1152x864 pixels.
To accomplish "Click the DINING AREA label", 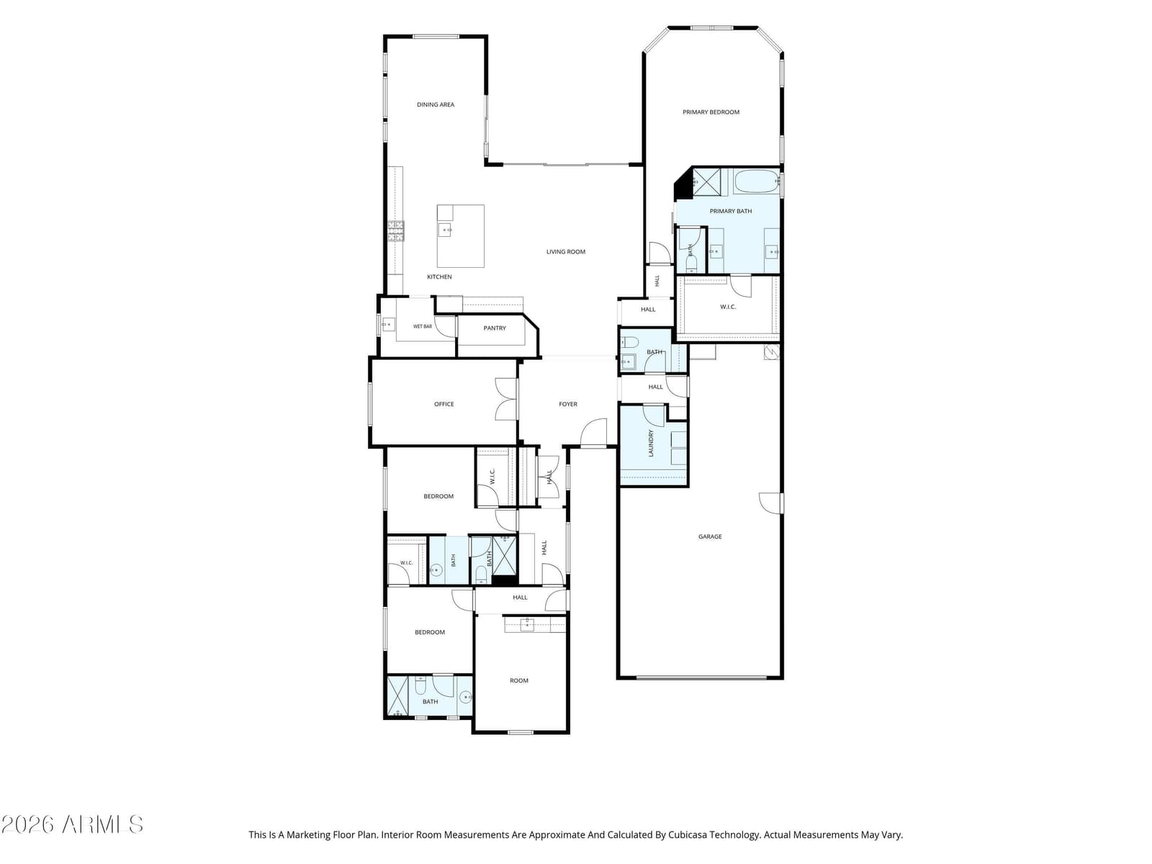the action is tap(435, 104).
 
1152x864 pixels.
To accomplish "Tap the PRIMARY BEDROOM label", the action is tap(710, 112).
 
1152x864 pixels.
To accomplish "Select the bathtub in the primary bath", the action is tap(756, 181).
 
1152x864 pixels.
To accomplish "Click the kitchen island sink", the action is tap(444, 230).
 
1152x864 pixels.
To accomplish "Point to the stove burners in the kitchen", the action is tap(396, 231).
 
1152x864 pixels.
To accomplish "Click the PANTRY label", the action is tap(495, 328).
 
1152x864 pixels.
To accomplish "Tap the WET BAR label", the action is tap(422, 326).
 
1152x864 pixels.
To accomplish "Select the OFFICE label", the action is tap(444, 404).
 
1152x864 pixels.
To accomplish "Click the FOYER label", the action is tap(567, 404).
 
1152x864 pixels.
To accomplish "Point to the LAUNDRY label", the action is tap(651, 443).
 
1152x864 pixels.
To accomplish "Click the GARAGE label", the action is tap(710, 536).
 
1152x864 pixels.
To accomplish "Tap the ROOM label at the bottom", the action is tap(518, 680).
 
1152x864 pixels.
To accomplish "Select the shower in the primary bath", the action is tap(706, 182).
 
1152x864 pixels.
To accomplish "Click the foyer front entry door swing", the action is tap(593, 432).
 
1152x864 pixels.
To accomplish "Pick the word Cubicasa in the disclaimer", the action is tap(688, 834).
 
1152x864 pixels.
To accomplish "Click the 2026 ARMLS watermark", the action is tap(72, 824).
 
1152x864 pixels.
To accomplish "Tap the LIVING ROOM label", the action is tap(565, 252).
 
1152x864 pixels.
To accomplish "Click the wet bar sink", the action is tap(388, 324).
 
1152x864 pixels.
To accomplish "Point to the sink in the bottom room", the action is tap(526, 624).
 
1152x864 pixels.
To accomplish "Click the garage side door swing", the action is tap(770, 503).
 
